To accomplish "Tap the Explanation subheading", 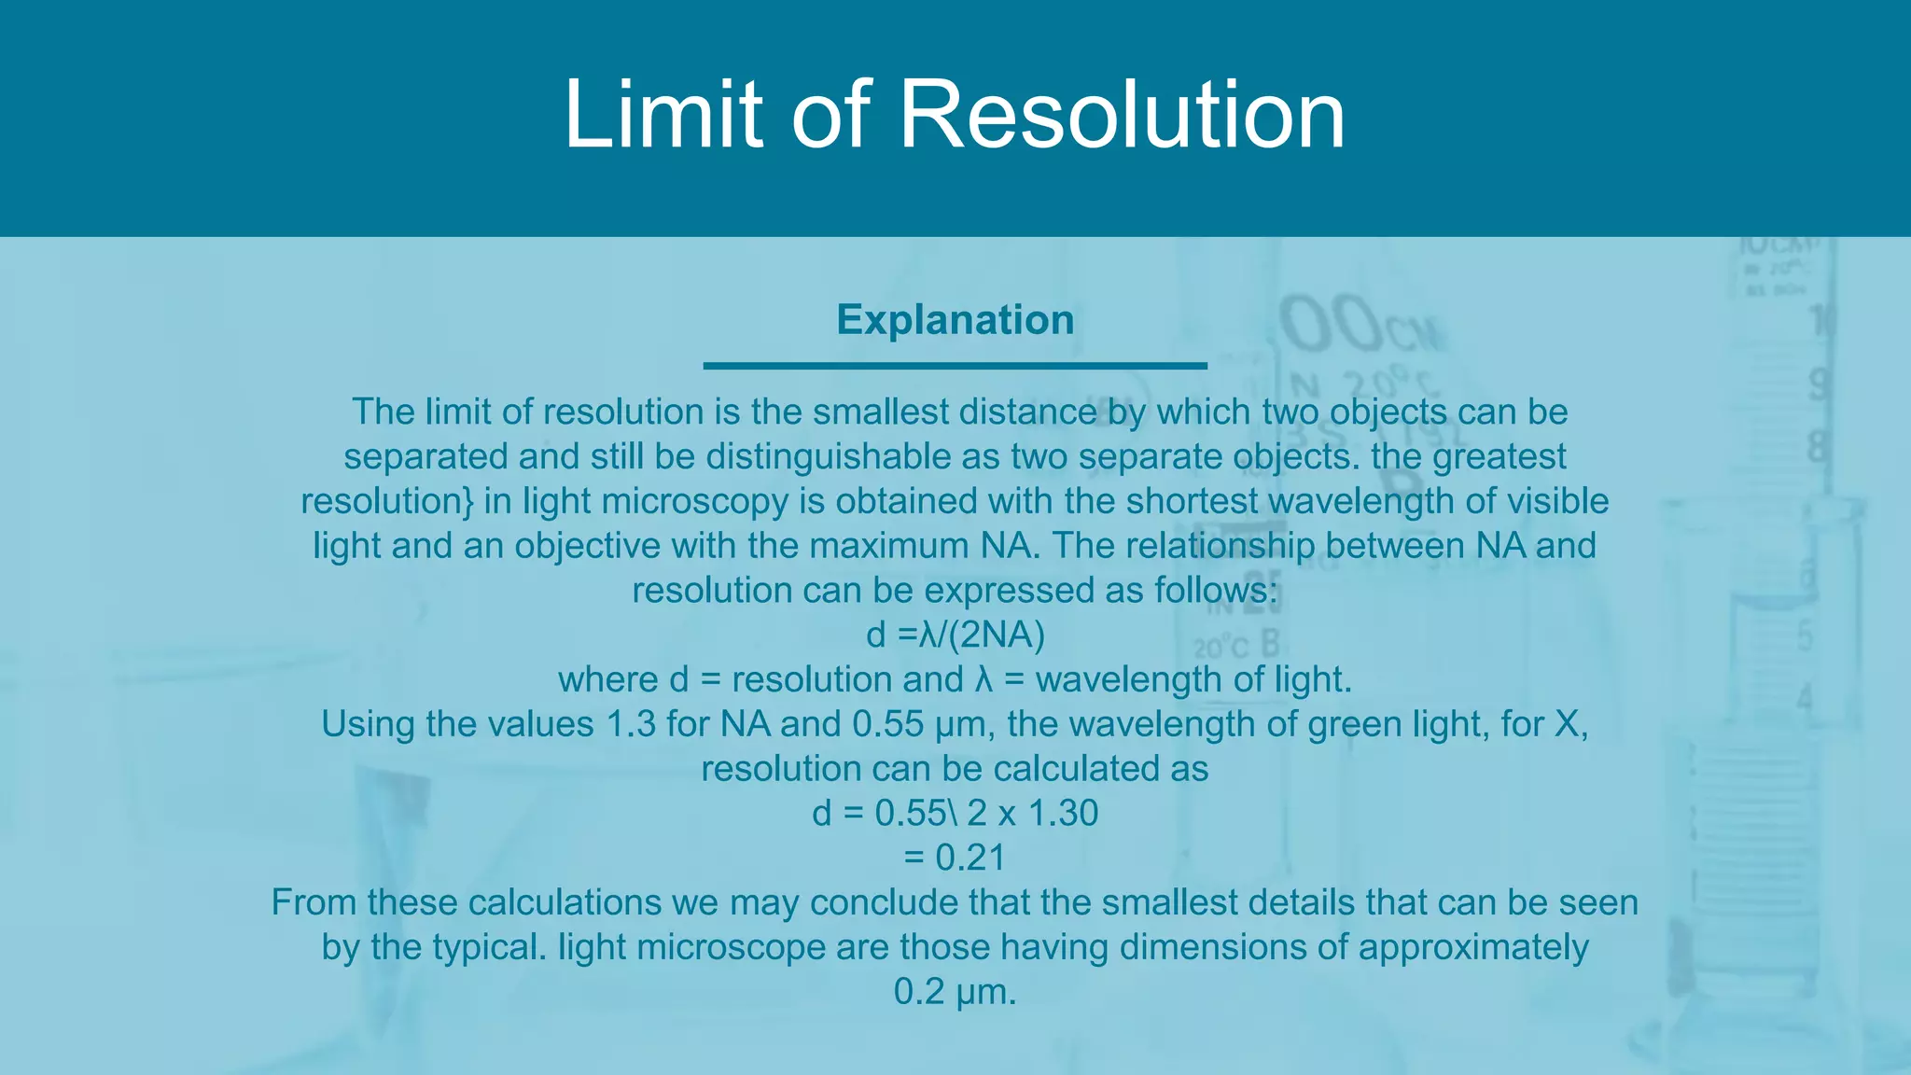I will [x=955, y=320].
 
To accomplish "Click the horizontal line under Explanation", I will [x=955, y=366].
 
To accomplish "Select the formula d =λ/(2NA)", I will [x=955, y=635].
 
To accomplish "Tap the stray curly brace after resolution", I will [x=468, y=502].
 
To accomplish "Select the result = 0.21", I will [x=955, y=859].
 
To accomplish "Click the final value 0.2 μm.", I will [x=955, y=992].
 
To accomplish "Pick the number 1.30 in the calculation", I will [x=1063, y=814].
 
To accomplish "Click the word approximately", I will [x=1472, y=948].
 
